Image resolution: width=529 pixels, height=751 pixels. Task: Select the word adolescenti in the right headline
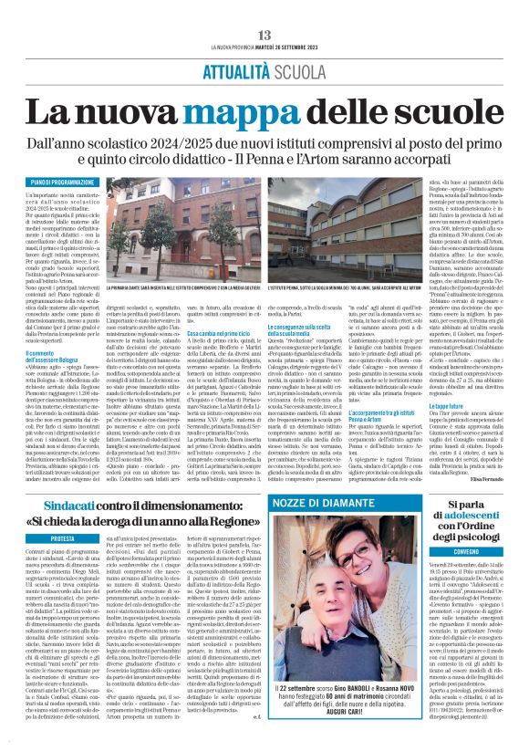click(454, 512)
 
